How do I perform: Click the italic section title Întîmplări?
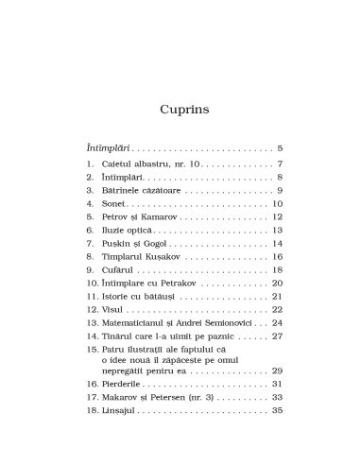(103, 148)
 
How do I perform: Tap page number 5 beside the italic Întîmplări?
(282, 148)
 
